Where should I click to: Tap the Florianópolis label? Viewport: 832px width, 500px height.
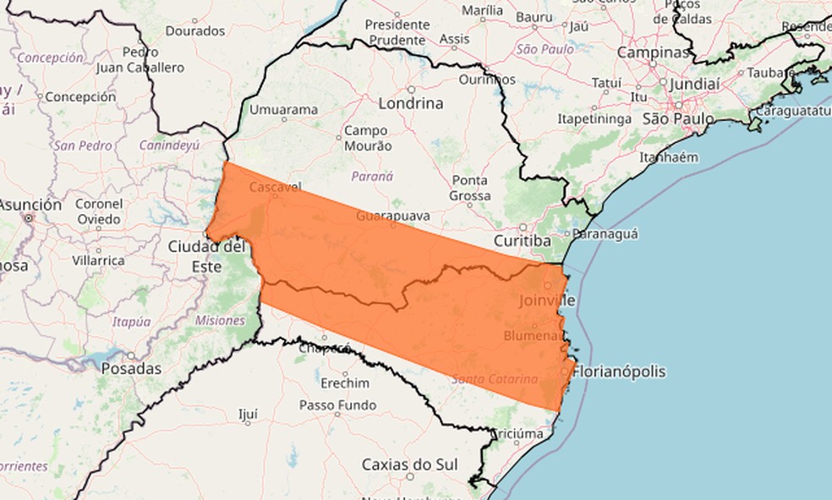(x=619, y=371)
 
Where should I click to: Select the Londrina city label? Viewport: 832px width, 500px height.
(x=412, y=103)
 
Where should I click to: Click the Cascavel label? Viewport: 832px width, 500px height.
(x=276, y=187)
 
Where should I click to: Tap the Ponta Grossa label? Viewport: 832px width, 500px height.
(x=470, y=188)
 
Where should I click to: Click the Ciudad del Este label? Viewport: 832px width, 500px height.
(x=206, y=255)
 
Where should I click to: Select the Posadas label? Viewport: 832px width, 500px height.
(x=131, y=369)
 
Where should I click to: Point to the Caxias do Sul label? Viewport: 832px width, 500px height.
(x=409, y=464)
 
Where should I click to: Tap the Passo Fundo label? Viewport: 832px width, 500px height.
(x=337, y=405)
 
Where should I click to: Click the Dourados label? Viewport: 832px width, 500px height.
(x=195, y=30)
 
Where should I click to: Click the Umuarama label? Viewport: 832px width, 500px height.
(x=283, y=110)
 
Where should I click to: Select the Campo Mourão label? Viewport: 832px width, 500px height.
(x=366, y=138)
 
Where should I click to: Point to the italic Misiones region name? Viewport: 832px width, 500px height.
(x=220, y=321)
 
